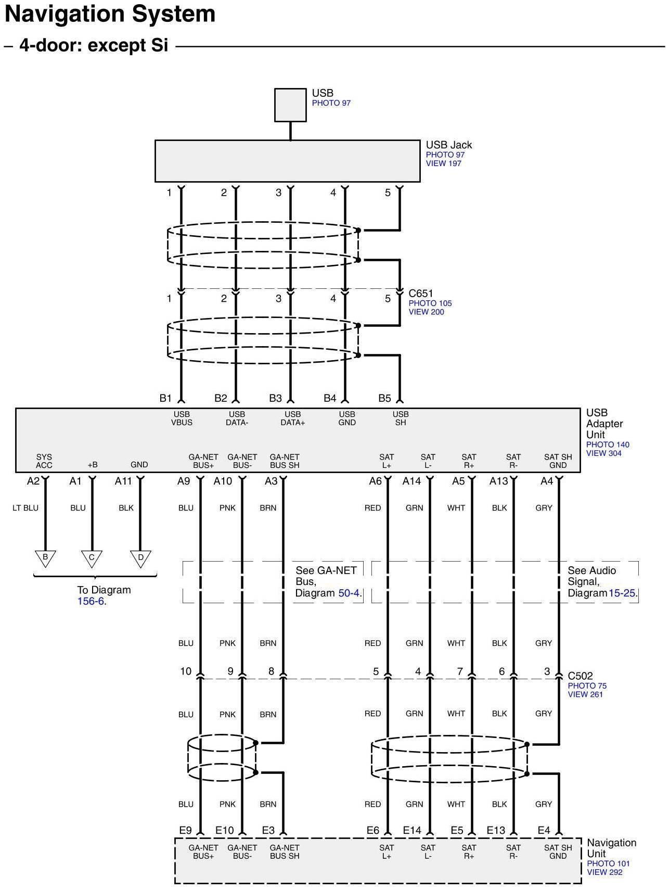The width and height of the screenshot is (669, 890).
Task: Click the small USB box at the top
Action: (x=290, y=105)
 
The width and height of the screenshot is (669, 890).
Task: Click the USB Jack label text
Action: (x=448, y=145)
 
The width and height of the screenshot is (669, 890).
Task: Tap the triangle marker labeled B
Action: (x=45, y=558)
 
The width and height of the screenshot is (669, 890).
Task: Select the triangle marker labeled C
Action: (x=92, y=558)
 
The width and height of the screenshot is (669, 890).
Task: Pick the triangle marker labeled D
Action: (x=140, y=558)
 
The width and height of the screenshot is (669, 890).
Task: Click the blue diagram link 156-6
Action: (x=91, y=602)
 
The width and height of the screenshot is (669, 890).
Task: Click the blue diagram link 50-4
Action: (x=349, y=593)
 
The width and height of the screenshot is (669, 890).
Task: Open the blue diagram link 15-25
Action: (x=622, y=593)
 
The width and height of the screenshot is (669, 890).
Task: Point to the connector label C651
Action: (x=420, y=294)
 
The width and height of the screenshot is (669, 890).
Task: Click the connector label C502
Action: (x=580, y=676)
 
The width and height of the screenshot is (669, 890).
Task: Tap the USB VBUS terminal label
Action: (x=182, y=418)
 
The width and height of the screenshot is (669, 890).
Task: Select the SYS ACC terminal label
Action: (x=44, y=461)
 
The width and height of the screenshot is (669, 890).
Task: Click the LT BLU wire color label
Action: (x=25, y=508)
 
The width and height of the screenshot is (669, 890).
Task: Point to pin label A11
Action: (x=123, y=481)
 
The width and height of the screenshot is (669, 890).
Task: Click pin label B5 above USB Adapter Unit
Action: (x=384, y=399)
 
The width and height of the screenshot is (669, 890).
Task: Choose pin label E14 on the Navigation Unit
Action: (x=411, y=830)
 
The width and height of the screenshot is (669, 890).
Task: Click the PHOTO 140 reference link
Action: (x=607, y=445)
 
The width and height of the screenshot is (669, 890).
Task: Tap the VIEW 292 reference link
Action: (x=604, y=872)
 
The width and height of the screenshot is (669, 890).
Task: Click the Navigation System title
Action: (x=110, y=14)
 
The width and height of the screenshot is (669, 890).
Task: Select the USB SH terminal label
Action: (x=401, y=418)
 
